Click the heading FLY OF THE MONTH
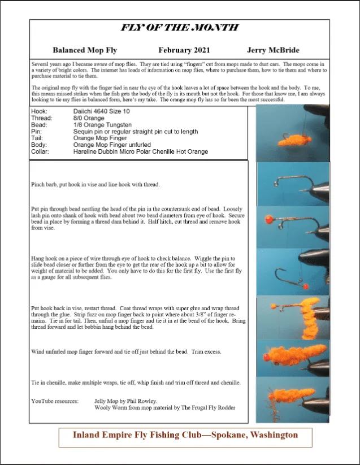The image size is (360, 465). pos(179,28)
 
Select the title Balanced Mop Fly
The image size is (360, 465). pos(84,50)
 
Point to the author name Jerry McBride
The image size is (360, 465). pos(273,50)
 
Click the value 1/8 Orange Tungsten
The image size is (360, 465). pos(102,125)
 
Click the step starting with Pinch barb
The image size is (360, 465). pos(96,185)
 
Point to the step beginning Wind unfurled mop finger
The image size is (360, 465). pos(126,351)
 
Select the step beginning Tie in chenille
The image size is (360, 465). pos(136,383)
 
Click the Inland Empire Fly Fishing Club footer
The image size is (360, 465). pos(185,435)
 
